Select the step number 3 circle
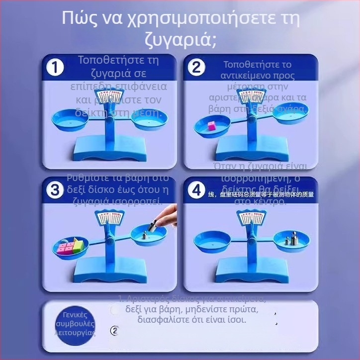(55, 189)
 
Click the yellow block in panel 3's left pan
(78, 244)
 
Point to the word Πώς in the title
(78, 18)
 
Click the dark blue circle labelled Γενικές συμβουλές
(75, 324)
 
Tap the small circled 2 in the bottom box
(115, 330)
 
